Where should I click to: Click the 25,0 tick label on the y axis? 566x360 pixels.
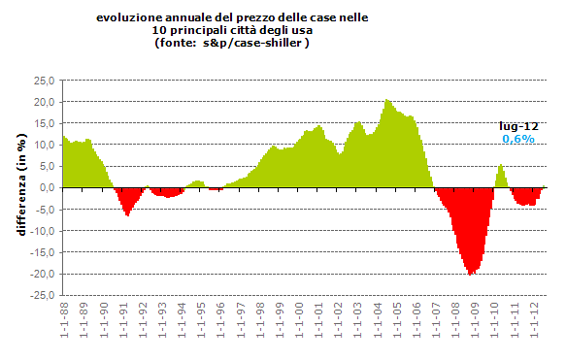[43, 81]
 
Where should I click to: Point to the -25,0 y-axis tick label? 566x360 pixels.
[41, 295]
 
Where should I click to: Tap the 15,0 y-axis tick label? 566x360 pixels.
[43, 123]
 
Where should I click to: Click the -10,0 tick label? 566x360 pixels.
[41, 231]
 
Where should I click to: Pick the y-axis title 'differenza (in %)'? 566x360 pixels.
[19, 188]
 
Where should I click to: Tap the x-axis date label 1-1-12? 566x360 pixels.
[534, 328]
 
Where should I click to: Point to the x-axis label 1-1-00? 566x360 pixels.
[299, 328]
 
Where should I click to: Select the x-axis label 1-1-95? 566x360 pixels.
[201, 328]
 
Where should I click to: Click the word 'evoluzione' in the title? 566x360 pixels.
[127, 17]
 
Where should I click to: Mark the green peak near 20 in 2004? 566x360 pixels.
[387, 101]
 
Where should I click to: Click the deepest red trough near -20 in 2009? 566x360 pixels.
[471, 273]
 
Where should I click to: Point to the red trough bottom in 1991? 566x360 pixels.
[127, 213]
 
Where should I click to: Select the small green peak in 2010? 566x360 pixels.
[501, 167]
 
